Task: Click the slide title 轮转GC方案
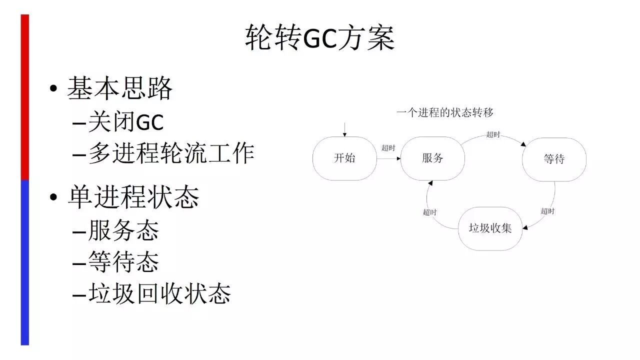[x=320, y=38]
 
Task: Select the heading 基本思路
[x=120, y=88]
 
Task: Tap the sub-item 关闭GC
[x=126, y=122]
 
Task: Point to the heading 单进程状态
[x=133, y=196]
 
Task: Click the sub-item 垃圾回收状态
[x=159, y=293]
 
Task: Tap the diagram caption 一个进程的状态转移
[x=445, y=112]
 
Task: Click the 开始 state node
[x=344, y=158]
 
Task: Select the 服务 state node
[x=432, y=158]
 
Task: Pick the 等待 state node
[x=554, y=159]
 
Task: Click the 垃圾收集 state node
[x=490, y=228]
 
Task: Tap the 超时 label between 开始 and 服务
[x=388, y=148]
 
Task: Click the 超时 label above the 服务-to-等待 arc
[x=493, y=134]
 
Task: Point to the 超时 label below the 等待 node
[x=547, y=211]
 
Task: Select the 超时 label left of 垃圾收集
[x=429, y=212]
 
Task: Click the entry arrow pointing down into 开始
[x=344, y=128]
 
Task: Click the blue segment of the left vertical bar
[x=24, y=262]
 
